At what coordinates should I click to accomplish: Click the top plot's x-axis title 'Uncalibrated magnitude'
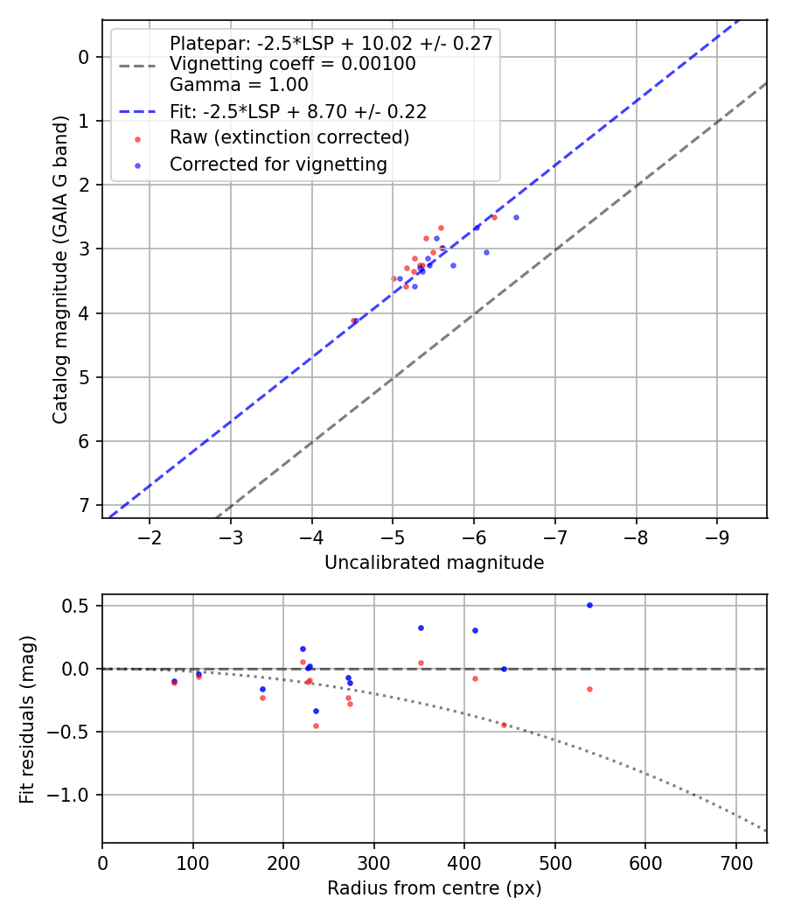pyautogui.click(x=434, y=563)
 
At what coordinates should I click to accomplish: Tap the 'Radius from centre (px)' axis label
pyautogui.click(x=434, y=888)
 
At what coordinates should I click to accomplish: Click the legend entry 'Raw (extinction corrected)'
pyautogui.click(x=289, y=137)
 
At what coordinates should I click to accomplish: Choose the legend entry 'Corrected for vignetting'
pyautogui.click(x=278, y=164)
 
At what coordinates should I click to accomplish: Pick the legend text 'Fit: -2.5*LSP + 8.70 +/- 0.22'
pyautogui.click(x=297, y=111)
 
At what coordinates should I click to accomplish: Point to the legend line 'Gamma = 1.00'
pyautogui.click(x=239, y=85)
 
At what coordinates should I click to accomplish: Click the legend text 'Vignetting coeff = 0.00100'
pyautogui.click(x=292, y=64)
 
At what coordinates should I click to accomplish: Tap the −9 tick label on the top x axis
pyautogui.click(x=717, y=535)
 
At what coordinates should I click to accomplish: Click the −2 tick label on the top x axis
pyautogui.click(x=150, y=535)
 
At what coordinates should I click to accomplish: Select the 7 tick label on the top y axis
pyautogui.click(x=85, y=505)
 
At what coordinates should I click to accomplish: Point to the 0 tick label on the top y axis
pyautogui.click(x=85, y=57)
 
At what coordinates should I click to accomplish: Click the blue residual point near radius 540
pyautogui.click(x=589, y=605)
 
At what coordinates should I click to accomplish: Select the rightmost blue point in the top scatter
pyautogui.click(x=516, y=217)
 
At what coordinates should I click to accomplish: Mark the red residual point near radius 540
pyautogui.click(x=589, y=689)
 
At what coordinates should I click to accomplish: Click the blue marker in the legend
pyautogui.click(x=137, y=164)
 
